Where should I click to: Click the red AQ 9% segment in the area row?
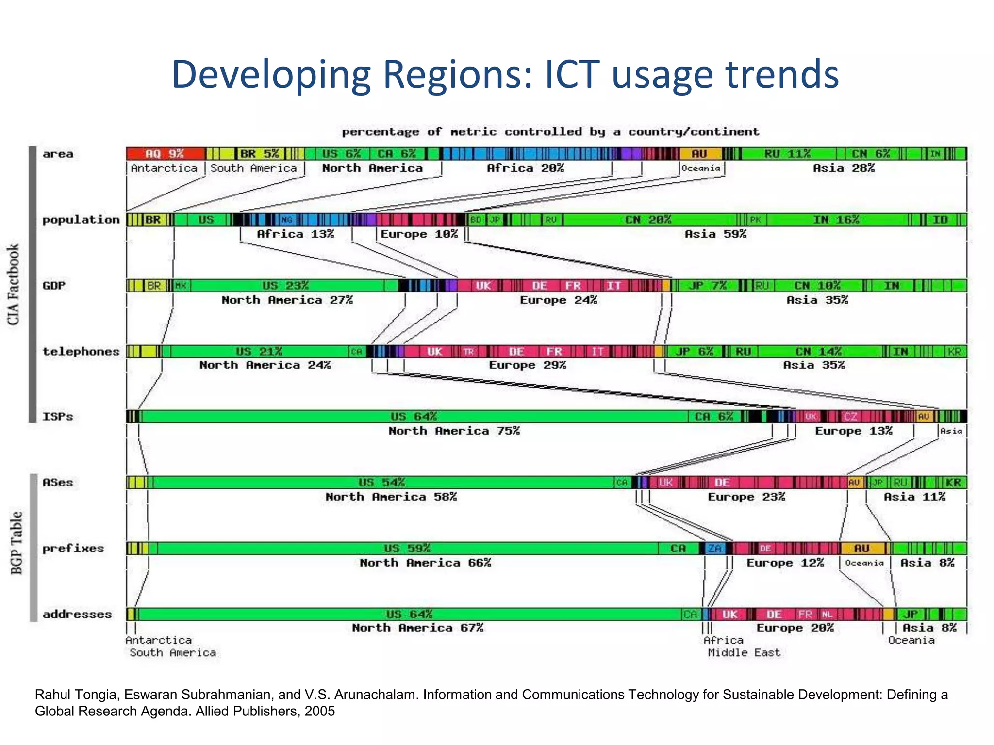click(165, 154)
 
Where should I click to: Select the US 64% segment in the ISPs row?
click(414, 417)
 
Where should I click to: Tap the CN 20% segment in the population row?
click(648, 220)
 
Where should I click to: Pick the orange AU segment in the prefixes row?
click(861, 549)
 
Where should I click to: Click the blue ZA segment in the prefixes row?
click(714, 549)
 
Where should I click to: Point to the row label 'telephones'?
click(81, 352)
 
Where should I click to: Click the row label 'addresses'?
click(77, 615)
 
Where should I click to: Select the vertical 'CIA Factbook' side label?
click(14, 284)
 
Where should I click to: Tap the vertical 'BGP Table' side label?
click(17, 543)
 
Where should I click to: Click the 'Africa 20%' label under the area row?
click(525, 168)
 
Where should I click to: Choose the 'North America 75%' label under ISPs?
click(454, 431)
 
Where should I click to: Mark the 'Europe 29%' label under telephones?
click(527, 365)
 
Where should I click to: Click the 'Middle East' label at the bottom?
click(744, 653)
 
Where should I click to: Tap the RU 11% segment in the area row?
click(787, 154)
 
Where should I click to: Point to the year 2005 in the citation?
click(319, 711)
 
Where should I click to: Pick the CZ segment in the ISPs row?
click(850, 417)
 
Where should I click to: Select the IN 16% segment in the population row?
click(836, 220)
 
